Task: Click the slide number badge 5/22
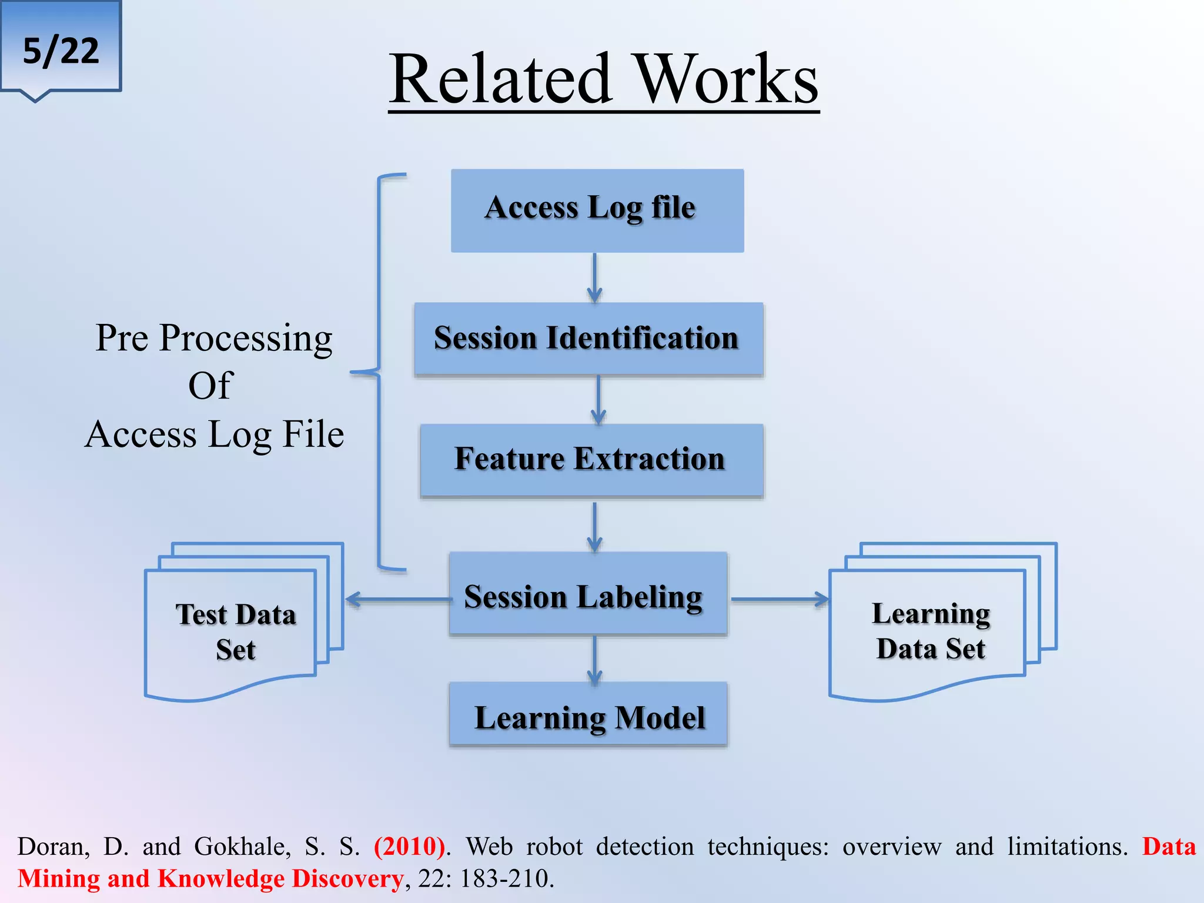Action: pos(61,49)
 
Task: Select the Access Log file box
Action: pos(597,210)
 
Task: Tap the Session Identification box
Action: pos(588,339)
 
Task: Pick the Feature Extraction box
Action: pos(591,460)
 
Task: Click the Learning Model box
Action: pos(588,715)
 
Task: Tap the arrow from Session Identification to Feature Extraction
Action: pos(598,400)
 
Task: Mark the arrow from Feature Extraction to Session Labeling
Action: pos(594,527)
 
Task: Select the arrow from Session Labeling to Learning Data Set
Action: pos(780,600)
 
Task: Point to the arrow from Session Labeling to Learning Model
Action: pos(594,660)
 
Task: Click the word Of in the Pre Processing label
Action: pos(210,386)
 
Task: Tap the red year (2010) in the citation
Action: pos(410,847)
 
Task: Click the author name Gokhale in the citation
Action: pos(242,847)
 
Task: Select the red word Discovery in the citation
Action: pos(347,878)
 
